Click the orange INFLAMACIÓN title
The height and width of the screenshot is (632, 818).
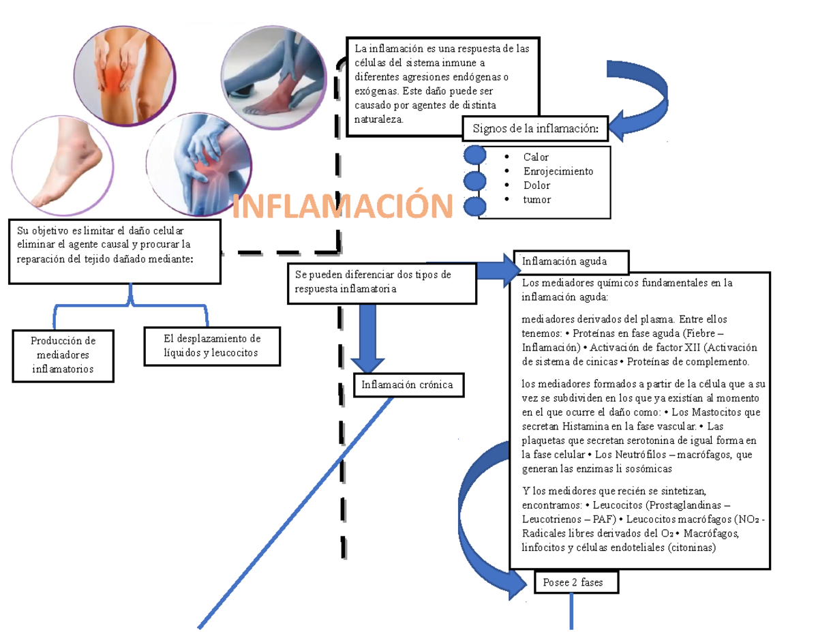343,206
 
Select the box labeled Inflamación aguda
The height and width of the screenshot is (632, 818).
571,261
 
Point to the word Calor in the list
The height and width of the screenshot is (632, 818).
536,157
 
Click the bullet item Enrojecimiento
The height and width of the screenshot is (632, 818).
558,171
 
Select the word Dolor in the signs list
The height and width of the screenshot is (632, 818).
536,185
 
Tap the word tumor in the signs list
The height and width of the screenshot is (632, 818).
536,200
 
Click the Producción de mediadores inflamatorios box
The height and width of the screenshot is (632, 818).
63,355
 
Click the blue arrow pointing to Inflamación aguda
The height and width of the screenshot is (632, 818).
495,269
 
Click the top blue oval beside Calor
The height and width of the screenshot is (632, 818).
474,155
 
